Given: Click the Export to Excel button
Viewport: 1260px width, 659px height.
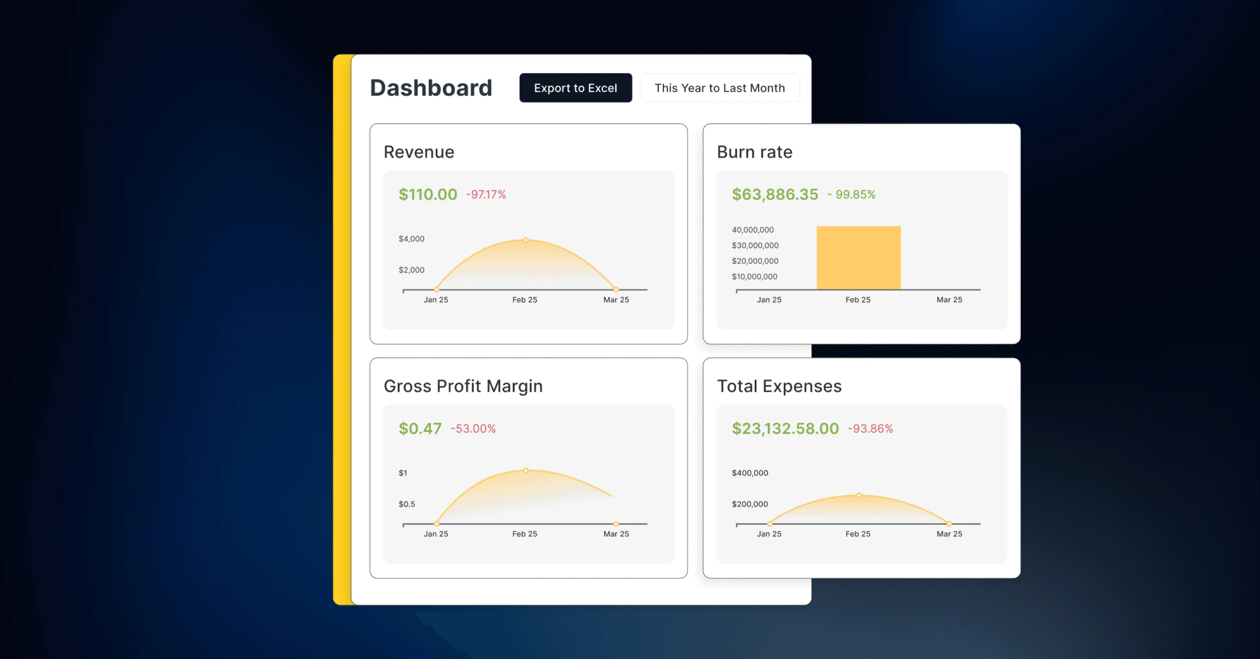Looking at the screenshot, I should pos(575,88).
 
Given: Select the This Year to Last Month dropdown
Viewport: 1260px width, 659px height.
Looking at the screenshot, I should pos(720,88).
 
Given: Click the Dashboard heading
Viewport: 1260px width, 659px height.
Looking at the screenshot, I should pos(431,88).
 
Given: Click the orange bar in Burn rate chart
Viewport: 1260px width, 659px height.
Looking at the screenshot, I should pos(858,258).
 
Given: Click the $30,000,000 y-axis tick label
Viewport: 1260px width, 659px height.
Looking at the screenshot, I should pos(755,245).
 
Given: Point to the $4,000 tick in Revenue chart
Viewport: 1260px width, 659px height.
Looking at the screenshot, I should pos(411,239).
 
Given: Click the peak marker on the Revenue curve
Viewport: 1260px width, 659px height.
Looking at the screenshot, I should pos(526,240).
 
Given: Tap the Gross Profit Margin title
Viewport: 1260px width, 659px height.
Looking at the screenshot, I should pos(463,386).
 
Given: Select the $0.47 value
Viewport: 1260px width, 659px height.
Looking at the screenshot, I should pos(420,428).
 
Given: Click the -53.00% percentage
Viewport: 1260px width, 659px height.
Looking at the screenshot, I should pos(473,428).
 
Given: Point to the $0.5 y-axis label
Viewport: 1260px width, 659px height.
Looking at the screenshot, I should pos(407,504).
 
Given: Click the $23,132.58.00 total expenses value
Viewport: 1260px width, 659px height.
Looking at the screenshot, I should pos(785,428).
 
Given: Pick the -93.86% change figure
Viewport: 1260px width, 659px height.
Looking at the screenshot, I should pos(870,428).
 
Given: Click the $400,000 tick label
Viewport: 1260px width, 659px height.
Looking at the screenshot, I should pos(750,473).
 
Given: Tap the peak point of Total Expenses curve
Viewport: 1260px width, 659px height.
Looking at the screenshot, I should pos(859,495).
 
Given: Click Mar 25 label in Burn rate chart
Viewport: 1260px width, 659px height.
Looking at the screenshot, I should pos(949,299).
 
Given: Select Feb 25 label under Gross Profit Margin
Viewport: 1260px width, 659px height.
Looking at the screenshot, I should pos(524,534).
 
